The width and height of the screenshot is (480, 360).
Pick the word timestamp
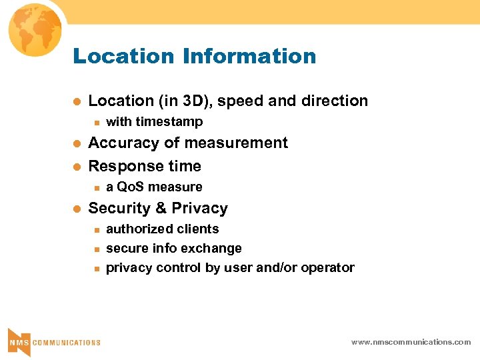coord(169,122)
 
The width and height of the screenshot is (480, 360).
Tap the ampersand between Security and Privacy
coord(161,209)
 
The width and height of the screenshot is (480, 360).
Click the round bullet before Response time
coord(77,166)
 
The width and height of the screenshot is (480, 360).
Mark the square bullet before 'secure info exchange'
coord(95,249)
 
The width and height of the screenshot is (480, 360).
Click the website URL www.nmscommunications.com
coord(411,342)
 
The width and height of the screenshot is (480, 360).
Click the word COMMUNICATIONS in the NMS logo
coord(67,343)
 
